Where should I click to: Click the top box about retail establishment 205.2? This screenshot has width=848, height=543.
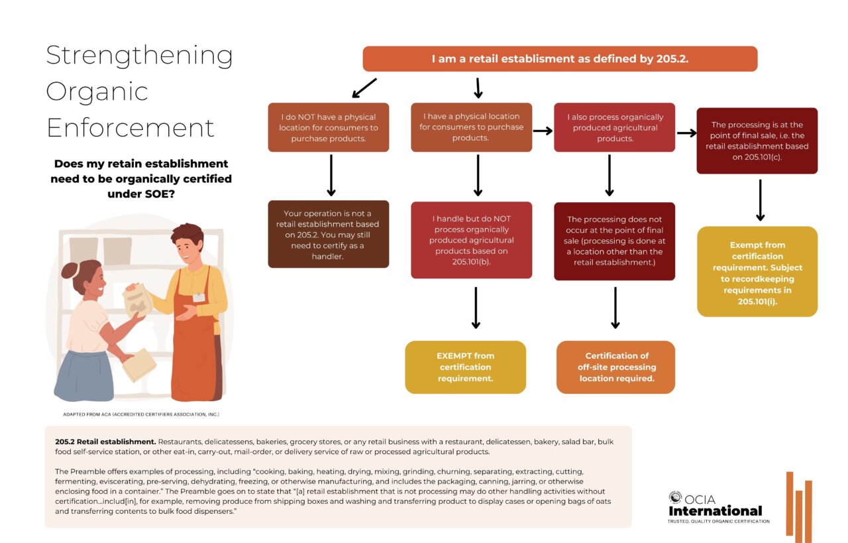[x=560, y=59]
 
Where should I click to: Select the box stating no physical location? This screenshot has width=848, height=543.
[x=328, y=127]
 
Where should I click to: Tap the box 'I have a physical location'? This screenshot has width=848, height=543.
[x=471, y=127]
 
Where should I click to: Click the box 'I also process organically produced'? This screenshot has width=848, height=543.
[x=614, y=127]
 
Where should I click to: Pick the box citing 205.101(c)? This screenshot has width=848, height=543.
[x=757, y=141]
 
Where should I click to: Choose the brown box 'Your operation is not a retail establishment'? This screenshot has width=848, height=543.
[x=328, y=234]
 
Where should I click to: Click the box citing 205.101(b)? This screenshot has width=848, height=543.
[x=471, y=239]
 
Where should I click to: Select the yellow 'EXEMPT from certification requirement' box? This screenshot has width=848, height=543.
[x=465, y=367]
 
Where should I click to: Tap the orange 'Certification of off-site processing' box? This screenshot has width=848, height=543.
[x=615, y=367]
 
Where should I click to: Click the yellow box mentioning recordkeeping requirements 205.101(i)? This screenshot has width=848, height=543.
[x=757, y=272]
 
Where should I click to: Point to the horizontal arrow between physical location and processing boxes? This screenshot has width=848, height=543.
[x=543, y=131]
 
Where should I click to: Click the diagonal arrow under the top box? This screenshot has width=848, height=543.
[x=364, y=88]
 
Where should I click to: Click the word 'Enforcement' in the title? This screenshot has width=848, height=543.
[x=131, y=127]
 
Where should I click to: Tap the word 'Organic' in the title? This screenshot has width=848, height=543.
[x=97, y=92]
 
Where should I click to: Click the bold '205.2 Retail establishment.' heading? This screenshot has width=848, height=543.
[x=105, y=442]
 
